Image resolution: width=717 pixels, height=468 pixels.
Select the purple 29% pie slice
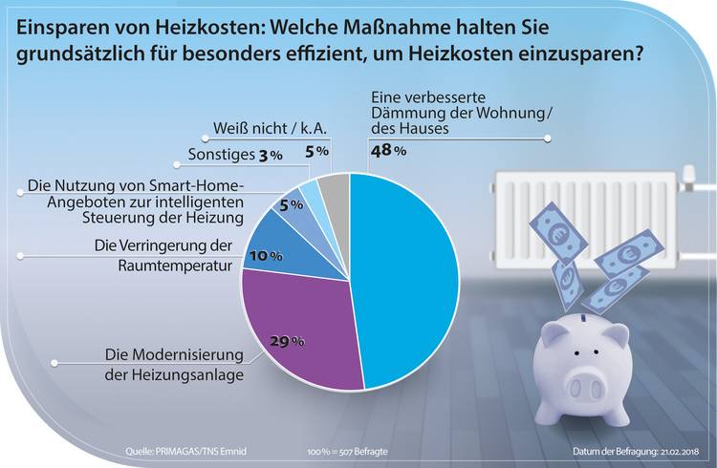[x=296, y=325]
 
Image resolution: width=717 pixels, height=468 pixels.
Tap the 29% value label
[x=289, y=341]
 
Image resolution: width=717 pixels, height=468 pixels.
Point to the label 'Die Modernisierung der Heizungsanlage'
[x=172, y=366]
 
